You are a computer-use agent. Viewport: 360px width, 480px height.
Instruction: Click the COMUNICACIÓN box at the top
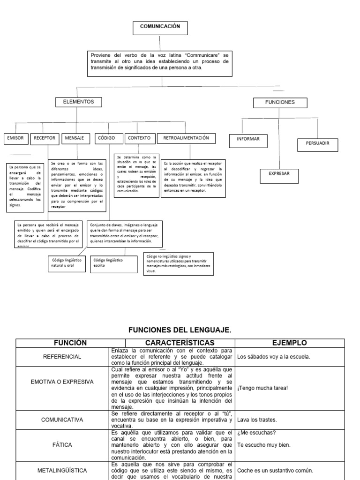(x=160, y=28)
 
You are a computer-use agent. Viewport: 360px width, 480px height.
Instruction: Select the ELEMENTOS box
(x=78, y=102)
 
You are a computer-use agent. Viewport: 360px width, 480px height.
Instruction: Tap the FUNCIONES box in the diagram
(x=280, y=102)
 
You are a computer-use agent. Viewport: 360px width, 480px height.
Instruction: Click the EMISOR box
(x=15, y=139)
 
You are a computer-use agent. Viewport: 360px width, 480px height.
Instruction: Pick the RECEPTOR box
(x=45, y=138)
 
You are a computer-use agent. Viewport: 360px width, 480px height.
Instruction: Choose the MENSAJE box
(x=75, y=138)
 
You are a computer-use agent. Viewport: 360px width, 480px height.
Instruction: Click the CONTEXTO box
(x=139, y=138)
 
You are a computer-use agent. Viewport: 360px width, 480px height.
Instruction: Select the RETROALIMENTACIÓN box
(x=186, y=138)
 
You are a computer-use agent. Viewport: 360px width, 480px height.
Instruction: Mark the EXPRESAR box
(x=279, y=174)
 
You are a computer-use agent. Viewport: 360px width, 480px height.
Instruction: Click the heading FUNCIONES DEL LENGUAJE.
(x=180, y=330)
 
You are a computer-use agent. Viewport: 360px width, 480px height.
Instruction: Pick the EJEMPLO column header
(x=290, y=343)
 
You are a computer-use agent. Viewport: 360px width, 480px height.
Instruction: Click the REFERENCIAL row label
(x=62, y=357)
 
